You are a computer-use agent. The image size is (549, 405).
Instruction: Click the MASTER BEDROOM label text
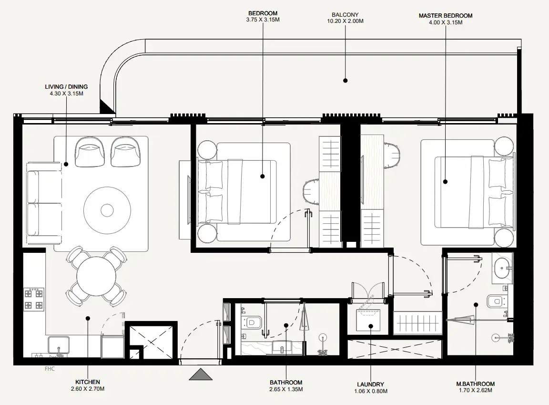tap(446, 15)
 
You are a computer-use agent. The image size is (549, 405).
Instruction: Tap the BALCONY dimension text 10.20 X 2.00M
tap(346, 21)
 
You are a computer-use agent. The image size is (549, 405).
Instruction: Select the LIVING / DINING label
tap(66, 87)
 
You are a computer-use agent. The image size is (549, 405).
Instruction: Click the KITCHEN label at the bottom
tap(88, 382)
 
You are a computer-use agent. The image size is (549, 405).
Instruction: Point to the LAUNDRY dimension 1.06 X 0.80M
tap(370, 391)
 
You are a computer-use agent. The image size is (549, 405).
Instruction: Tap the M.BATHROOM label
tap(475, 384)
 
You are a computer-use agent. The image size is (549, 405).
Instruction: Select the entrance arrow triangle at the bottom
tap(201, 374)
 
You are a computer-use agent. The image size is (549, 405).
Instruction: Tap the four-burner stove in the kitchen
tap(34, 299)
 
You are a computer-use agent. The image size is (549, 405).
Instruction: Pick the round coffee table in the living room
tap(107, 210)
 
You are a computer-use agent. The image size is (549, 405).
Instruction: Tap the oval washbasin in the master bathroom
tap(502, 268)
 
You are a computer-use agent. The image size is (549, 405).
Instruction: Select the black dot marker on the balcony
tap(346, 81)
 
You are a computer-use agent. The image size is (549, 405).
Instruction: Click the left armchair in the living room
tap(90, 152)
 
